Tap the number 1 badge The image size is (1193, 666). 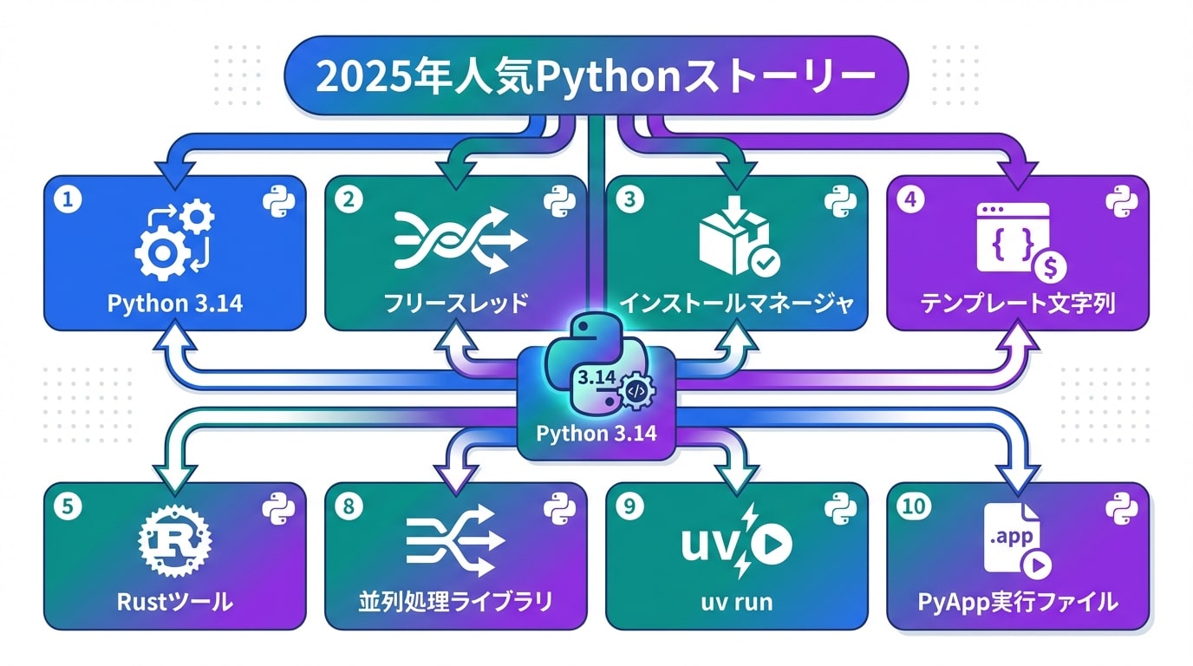pos(67,199)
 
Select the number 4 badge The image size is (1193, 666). pos(909,199)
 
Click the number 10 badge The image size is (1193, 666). pos(913,506)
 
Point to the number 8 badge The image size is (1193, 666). pos(349,506)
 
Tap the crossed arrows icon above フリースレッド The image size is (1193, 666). pos(460,239)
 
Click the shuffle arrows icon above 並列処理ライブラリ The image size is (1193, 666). pos(456,541)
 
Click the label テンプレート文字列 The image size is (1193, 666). pos(1017,304)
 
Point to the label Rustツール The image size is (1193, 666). pos(174,602)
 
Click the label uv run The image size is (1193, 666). pos(737,602)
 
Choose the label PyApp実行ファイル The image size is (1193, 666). pos(1017,602)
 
